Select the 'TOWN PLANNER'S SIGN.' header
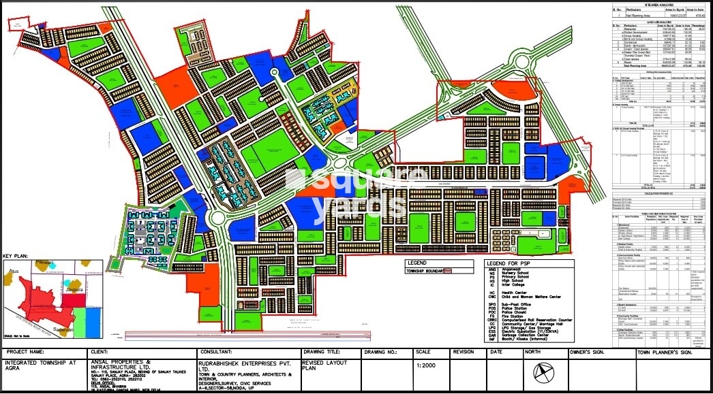[665, 352]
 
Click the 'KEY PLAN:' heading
[14, 256]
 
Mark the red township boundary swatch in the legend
[449, 271]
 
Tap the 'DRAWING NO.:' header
[380, 352]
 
